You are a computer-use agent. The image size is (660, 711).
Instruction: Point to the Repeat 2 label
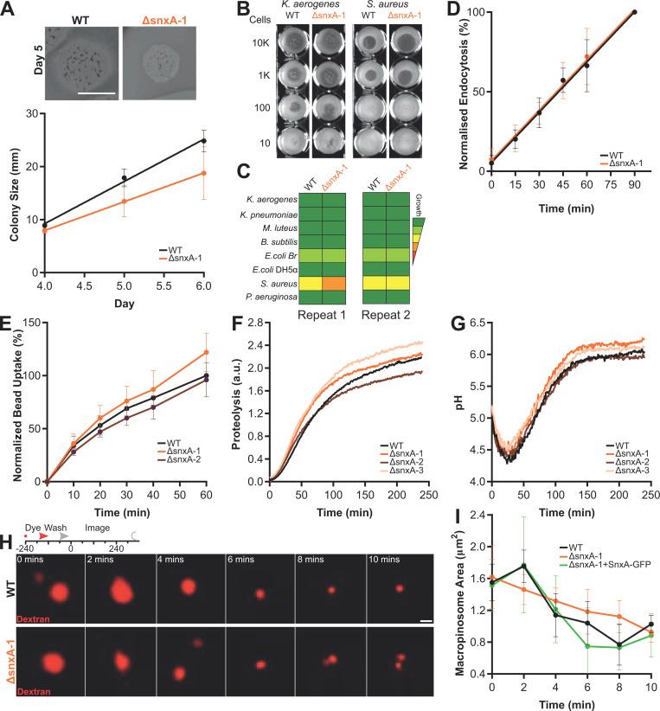(385, 317)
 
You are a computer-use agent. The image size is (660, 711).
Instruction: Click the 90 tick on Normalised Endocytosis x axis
(634, 184)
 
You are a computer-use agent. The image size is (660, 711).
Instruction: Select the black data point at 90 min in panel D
(634, 12)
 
